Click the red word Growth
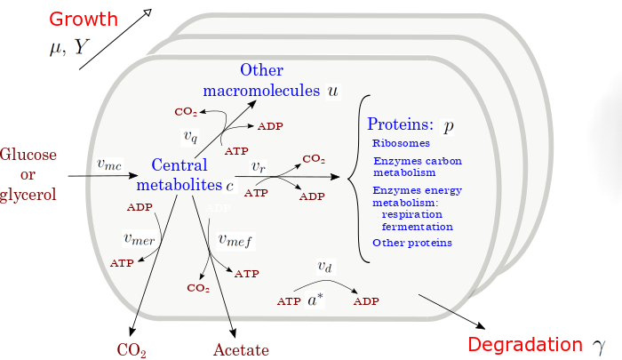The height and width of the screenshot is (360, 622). (x=83, y=19)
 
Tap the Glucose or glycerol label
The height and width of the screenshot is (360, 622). (x=28, y=175)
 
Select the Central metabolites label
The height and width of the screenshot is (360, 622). (x=179, y=175)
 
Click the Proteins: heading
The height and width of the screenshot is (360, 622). (x=400, y=125)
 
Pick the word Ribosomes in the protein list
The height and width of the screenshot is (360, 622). (x=401, y=143)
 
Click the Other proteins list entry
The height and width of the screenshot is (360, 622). (x=412, y=243)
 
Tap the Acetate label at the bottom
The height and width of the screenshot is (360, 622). (x=240, y=349)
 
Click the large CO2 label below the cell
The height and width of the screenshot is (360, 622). (x=132, y=349)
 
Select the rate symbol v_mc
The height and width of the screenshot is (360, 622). (x=109, y=164)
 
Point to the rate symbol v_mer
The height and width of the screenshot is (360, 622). (x=140, y=238)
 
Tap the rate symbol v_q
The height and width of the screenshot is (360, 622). (x=191, y=136)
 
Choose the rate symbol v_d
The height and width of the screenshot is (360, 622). (x=326, y=266)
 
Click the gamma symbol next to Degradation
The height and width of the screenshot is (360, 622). (x=598, y=345)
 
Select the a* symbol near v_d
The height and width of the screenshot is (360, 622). (x=315, y=300)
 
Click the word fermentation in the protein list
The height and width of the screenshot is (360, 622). (x=417, y=227)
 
